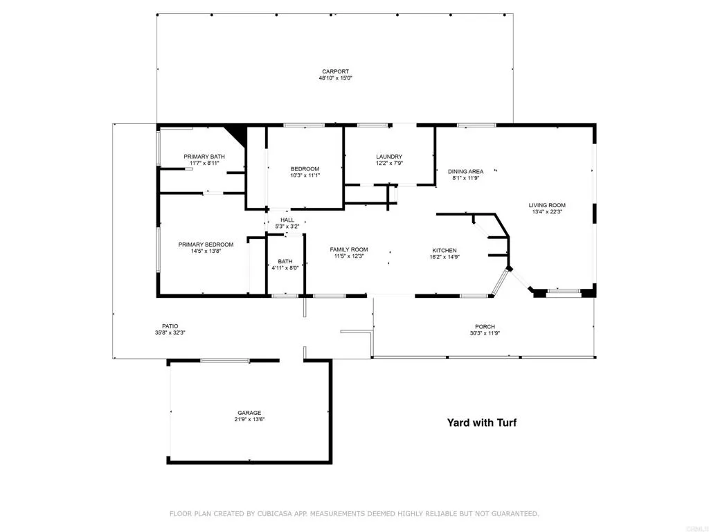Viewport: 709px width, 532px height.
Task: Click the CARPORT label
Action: coord(335,71)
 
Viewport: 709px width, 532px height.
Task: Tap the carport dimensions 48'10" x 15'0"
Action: coord(335,78)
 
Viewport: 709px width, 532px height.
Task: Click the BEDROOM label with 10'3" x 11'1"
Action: coord(305,169)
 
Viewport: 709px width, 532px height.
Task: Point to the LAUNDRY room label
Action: coord(389,157)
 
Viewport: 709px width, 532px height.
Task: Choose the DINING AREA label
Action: coord(465,171)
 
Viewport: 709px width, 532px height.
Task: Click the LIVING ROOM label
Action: coord(547,205)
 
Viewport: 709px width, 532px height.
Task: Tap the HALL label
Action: coord(287,220)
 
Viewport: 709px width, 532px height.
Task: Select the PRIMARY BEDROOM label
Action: coord(206,245)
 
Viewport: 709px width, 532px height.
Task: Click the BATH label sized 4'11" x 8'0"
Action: coord(285,262)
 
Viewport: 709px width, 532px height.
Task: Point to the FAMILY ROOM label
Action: coord(348,249)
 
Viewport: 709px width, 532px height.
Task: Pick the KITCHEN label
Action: coord(444,250)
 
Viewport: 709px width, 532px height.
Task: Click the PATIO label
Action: coord(170,326)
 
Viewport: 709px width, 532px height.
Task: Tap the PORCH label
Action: coord(485,327)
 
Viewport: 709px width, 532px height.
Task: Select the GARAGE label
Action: coord(250,413)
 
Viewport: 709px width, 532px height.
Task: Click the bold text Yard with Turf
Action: coord(481,423)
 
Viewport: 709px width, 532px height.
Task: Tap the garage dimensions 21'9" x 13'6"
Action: coord(250,420)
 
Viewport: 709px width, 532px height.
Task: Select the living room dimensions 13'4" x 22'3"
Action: coord(547,212)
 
